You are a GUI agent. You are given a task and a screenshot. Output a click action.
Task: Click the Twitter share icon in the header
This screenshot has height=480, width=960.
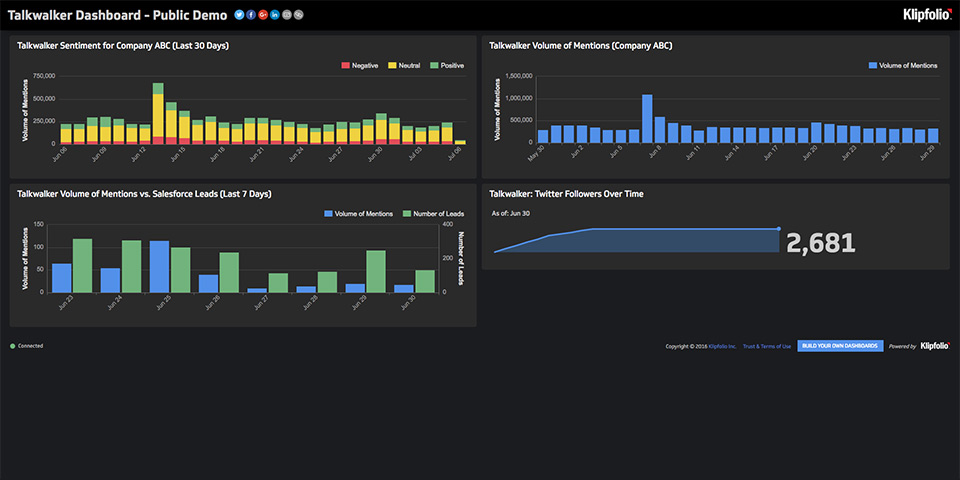(239, 15)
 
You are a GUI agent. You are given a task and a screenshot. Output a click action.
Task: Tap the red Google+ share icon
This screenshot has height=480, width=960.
(263, 15)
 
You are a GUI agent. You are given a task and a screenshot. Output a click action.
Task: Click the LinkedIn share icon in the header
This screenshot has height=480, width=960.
(275, 15)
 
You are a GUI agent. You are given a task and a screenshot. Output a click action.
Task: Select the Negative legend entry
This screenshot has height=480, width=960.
(358, 65)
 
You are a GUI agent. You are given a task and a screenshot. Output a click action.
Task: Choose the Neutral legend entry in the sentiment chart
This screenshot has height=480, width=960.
(403, 65)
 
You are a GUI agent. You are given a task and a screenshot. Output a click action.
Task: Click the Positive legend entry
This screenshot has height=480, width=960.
(447, 65)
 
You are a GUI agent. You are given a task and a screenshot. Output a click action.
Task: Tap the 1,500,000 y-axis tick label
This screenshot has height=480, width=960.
(513, 76)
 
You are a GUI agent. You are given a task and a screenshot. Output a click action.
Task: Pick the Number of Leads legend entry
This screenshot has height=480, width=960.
(432, 213)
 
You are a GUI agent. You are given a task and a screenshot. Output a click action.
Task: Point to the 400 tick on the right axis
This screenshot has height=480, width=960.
(446, 224)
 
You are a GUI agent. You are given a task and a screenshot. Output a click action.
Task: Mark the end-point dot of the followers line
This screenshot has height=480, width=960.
(779, 229)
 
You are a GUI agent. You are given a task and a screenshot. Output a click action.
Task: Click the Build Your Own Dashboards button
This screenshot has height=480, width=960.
(840, 346)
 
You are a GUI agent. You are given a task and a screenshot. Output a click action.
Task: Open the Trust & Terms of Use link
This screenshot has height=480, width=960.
(767, 346)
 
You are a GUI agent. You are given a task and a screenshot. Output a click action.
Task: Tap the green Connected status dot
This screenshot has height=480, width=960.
(13, 346)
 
